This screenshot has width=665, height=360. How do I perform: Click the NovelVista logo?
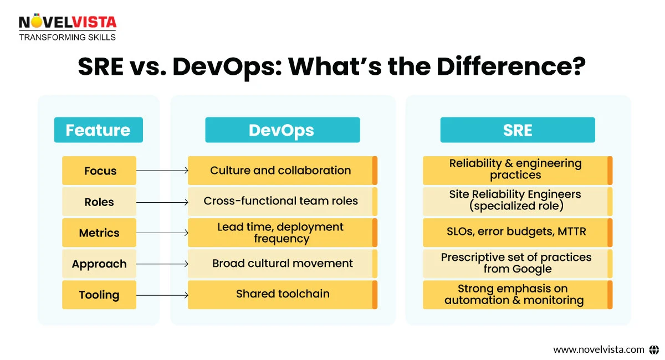(x=68, y=27)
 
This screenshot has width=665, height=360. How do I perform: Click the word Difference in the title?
(x=510, y=67)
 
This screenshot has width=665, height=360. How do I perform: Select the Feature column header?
(x=98, y=130)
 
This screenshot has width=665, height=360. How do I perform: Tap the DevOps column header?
(x=282, y=130)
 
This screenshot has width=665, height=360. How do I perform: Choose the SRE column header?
(x=517, y=130)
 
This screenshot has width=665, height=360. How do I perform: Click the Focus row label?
(x=99, y=171)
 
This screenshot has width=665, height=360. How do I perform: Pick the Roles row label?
(x=99, y=202)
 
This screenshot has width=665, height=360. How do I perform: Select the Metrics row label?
(x=99, y=233)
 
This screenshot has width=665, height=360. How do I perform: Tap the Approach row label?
(x=99, y=264)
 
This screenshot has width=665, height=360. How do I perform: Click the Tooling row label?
(x=99, y=295)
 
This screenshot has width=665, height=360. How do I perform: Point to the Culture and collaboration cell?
(x=280, y=171)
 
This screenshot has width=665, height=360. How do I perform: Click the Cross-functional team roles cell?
(x=280, y=201)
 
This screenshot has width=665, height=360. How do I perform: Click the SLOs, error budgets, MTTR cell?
(x=516, y=232)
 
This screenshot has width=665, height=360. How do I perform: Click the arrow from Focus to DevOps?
(x=162, y=171)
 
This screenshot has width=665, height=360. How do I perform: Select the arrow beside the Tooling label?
(x=162, y=295)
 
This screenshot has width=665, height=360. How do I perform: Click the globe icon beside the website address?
(x=654, y=349)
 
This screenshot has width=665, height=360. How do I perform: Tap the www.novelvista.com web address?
(x=598, y=349)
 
